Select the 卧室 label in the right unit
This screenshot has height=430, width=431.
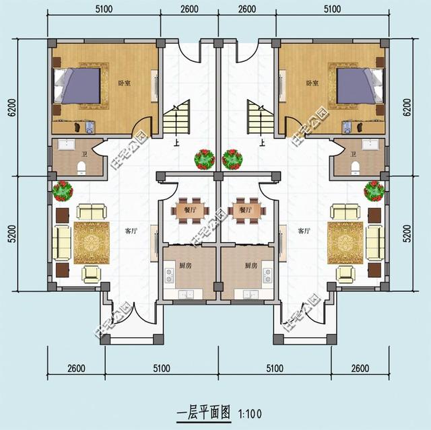311,83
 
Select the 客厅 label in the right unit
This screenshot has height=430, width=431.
303,231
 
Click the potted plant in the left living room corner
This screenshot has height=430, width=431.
63,190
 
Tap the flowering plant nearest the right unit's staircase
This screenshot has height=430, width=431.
232,159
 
